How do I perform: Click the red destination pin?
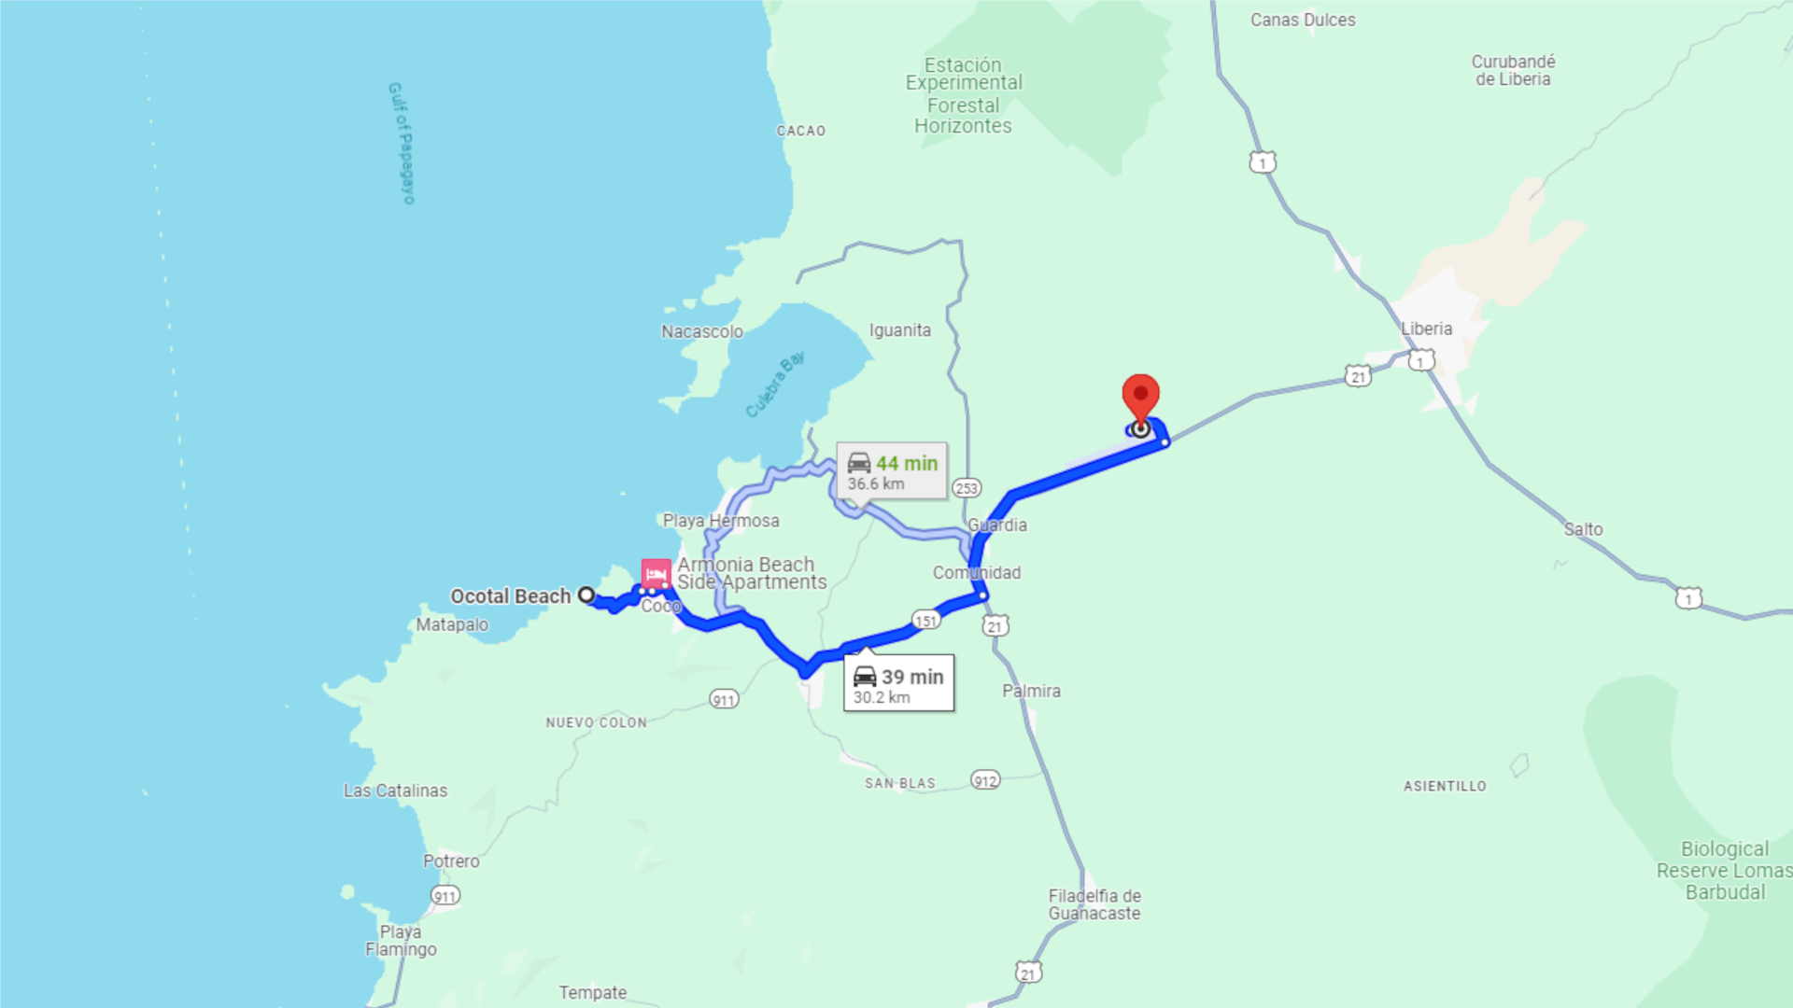pos(1140,397)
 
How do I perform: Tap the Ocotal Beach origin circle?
pos(586,595)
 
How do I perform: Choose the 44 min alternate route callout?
pos(892,471)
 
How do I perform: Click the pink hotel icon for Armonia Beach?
pos(656,572)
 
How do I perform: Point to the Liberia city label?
pos(1426,329)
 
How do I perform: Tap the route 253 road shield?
pos(967,488)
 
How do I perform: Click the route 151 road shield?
pos(925,621)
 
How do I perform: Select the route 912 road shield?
pos(985,780)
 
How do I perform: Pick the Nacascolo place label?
pos(702,331)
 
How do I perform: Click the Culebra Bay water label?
pos(775,385)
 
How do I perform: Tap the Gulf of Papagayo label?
pos(402,143)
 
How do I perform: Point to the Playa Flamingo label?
pos(401,940)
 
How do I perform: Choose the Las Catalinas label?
pos(395,791)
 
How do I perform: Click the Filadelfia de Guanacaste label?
pos(1094,904)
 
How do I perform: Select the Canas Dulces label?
pos(1303,20)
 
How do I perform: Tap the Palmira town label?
pos(1031,691)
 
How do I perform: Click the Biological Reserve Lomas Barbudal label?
pos(1724,870)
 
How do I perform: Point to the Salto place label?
pos(1583,529)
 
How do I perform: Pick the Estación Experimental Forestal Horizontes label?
pos(964,95)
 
